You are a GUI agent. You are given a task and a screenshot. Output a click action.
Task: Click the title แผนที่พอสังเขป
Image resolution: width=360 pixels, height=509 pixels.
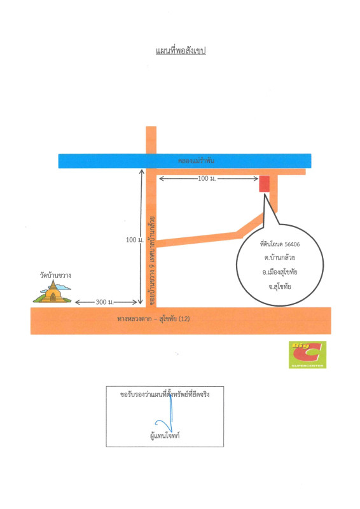point(181,51)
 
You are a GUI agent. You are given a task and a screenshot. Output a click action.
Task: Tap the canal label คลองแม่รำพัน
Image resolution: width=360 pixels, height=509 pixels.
point(196,160)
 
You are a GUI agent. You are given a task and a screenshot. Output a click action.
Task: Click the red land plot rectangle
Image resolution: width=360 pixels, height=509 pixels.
point(264,184)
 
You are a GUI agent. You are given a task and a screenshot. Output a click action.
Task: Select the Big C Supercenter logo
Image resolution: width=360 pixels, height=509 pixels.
point(307,354)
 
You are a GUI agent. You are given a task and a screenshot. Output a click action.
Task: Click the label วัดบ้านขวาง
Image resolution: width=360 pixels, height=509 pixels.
point(55,275)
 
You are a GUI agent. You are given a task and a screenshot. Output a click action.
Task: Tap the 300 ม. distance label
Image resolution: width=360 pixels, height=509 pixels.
point(104,302)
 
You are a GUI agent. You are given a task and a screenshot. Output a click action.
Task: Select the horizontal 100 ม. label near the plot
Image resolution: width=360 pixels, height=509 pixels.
point(207,178)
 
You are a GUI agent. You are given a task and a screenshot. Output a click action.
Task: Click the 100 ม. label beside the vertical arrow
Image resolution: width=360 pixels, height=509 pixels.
point(134,240)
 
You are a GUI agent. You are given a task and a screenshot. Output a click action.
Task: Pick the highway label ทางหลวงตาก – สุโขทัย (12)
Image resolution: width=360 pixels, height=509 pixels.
point(153,319)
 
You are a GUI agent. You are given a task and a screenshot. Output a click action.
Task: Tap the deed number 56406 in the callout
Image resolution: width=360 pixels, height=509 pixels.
point(292,244)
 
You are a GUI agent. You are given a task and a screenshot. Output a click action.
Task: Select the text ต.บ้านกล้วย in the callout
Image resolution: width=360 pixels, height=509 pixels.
point(279,258)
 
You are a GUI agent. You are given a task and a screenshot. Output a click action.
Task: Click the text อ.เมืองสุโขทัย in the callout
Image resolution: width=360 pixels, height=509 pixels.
point(279,272)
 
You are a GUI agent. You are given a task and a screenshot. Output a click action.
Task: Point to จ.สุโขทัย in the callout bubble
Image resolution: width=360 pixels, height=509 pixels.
point(279,286)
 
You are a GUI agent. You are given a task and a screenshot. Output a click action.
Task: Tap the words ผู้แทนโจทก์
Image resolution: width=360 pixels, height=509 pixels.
point(165,436)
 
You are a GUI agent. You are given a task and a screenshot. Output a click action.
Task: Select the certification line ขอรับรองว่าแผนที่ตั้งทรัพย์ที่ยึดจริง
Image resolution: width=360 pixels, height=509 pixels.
point(165,394)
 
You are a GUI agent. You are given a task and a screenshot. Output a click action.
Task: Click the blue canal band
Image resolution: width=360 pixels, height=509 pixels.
point(184,161)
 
